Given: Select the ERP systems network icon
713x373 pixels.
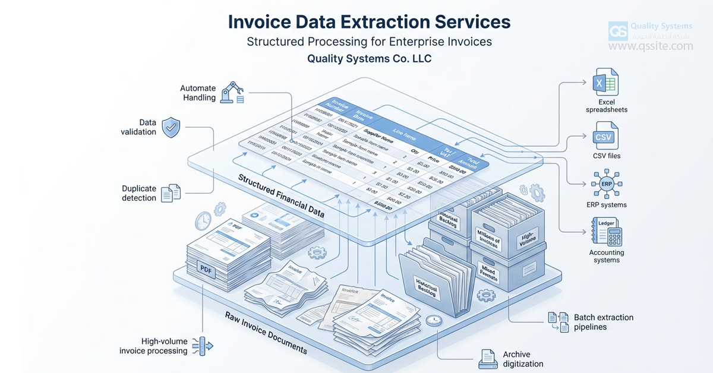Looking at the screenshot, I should coord(605,184).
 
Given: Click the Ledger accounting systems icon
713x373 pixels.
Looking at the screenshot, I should coord(605,232).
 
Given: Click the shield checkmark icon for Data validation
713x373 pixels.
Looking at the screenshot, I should coord(171,127).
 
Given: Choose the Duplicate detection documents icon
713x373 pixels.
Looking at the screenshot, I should coord(171,192).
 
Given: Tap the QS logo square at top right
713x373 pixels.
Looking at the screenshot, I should coord(618,30).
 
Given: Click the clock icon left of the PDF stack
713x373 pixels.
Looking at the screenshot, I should coord(203,221).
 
